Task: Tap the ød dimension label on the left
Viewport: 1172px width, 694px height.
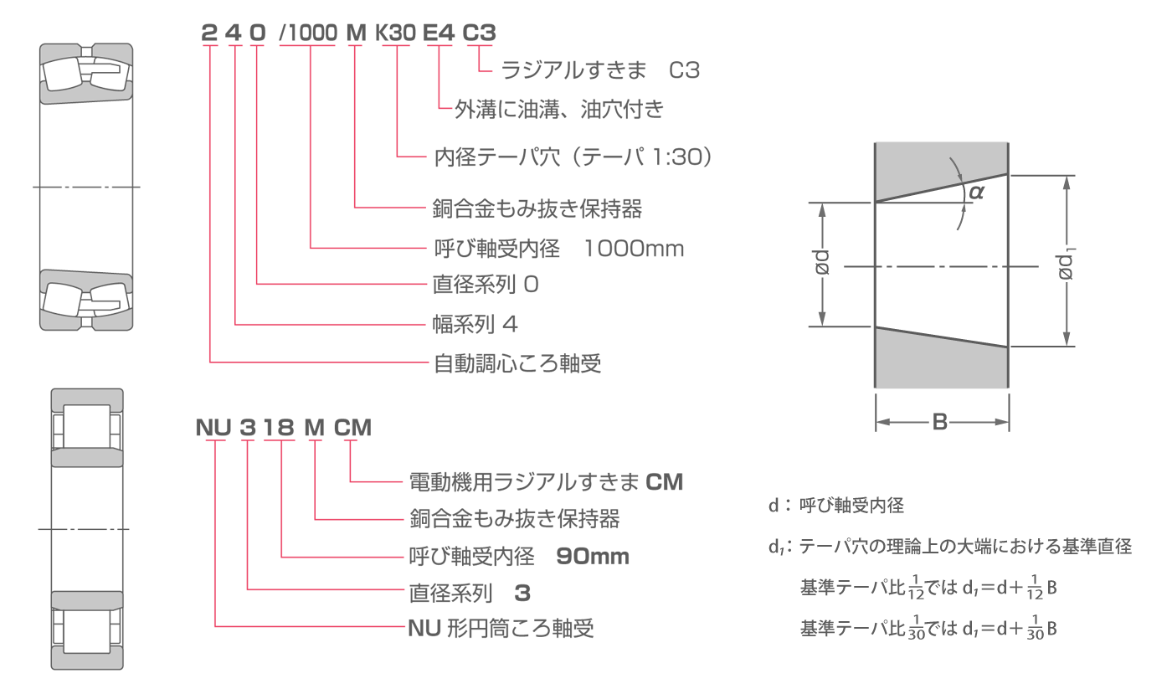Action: click(822, 264)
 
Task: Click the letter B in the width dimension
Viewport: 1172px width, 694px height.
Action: click(940, 424)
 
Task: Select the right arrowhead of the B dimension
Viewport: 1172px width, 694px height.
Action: click(1002, 424)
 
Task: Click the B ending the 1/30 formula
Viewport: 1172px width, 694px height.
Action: click(1051, 629)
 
